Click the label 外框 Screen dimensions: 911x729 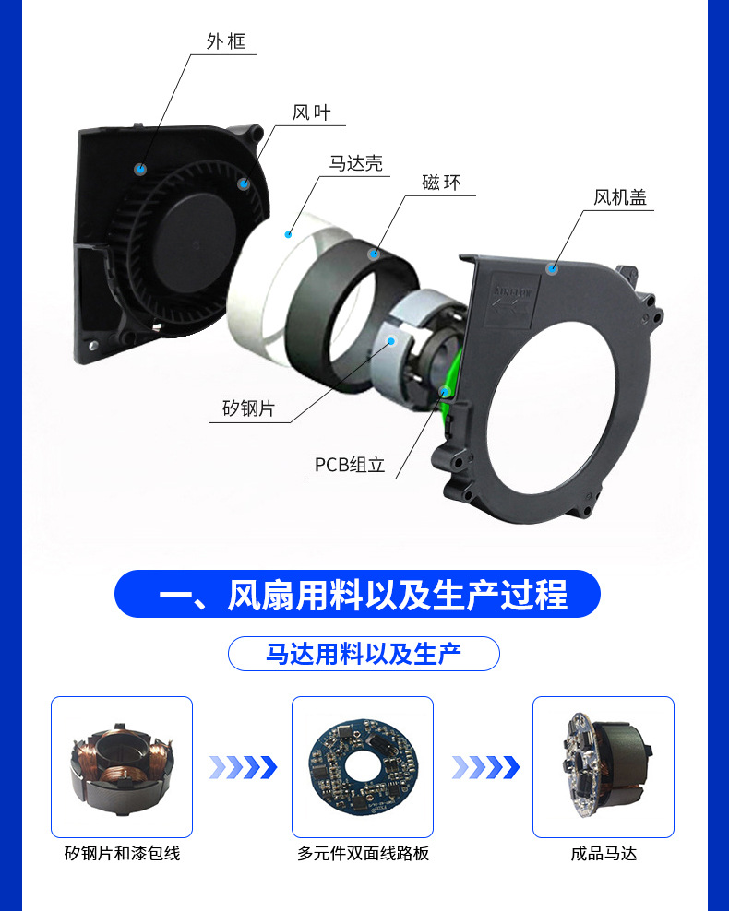pos(225,41)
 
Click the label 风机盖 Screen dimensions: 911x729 pos(620,197)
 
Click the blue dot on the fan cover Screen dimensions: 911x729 pos(552,268)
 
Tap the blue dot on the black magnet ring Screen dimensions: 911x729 pos(375,253)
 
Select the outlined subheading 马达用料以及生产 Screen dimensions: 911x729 pos(364,654)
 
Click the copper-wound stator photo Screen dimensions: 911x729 pos(122,766)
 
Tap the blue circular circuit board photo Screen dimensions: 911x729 pos(363,766)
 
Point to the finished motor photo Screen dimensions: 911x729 pos(604,766)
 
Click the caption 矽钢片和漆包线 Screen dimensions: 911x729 pos(122,854)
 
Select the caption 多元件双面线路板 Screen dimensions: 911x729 pos(363,854)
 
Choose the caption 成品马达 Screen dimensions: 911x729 pos(604,854)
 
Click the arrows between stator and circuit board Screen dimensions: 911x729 pos(243,766)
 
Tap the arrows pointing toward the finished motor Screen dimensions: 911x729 pos(484,766)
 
